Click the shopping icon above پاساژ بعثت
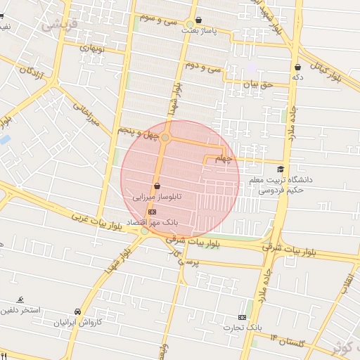(x=200, y=21)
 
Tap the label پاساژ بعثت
(x=200, y=31)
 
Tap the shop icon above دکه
(x=298, y=67)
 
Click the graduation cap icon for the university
(x=281, y=169)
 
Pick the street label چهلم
(x=222, y=160)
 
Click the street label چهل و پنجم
(x=140, y=131)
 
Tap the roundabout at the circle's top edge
(x=165, y=138)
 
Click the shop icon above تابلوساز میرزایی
(x=156, y=186)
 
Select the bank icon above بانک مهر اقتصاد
(x=152, y=211)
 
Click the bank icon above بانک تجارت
(x=243, y=318)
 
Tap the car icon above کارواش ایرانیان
(x=77, y=311)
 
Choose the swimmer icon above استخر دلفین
(x=20, y=299)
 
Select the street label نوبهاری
(x=91, y=48)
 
